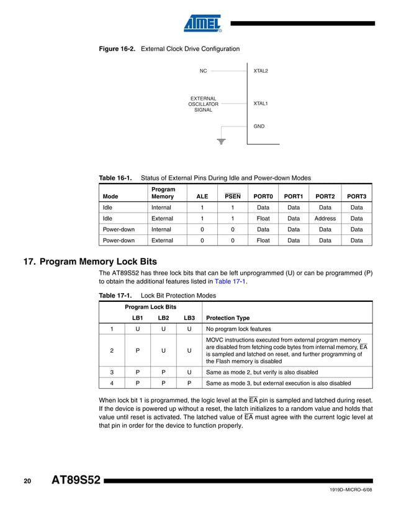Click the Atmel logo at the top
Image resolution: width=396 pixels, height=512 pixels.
pos(203,23)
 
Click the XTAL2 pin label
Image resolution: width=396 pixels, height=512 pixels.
pos(261,71)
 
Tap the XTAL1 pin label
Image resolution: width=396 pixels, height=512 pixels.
pos(261,104)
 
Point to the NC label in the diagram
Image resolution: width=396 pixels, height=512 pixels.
pos(203,71)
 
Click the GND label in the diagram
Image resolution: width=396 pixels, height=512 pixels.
pos(259,126)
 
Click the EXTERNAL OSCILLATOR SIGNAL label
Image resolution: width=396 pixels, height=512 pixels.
pos(204,104)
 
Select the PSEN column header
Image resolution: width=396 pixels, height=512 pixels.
pos(232,196)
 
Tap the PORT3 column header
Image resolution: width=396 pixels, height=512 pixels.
pos(356,196)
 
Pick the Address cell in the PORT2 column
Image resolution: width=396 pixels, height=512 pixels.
pos(325,218)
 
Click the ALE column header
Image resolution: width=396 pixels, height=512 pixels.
pos(202,196)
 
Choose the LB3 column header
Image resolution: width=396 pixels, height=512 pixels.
pos(189,318)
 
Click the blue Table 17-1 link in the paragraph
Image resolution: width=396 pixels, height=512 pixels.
pos(230,281)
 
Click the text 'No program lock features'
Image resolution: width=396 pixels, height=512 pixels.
pos(238,329)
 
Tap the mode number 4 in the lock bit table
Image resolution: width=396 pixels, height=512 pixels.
pos(112,383)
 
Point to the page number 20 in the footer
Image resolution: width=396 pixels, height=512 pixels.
pos(27,481)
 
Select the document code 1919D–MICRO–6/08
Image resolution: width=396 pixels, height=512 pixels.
pos(351,490)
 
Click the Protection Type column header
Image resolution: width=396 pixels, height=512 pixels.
pos(228,318)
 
